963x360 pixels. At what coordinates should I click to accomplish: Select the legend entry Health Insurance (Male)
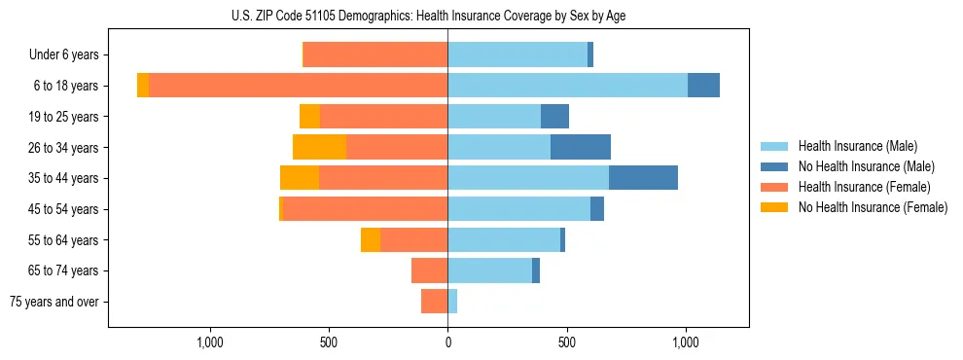857,146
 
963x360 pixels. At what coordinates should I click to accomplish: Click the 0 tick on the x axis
447,342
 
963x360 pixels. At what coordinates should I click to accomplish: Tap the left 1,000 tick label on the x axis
210,342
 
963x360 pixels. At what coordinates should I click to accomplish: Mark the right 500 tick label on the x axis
566,342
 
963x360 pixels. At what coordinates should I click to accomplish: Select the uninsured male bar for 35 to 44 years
643,178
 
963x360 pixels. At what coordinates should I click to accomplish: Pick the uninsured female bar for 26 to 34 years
319,147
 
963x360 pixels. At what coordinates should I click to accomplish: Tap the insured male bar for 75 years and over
452,302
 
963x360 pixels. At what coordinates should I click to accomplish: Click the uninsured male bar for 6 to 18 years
703,86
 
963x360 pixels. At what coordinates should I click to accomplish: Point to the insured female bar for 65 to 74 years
429,270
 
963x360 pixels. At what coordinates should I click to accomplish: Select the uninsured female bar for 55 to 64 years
371,239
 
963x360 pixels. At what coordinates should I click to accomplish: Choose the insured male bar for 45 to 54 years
518,209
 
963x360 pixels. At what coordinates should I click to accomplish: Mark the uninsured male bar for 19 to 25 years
554,117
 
